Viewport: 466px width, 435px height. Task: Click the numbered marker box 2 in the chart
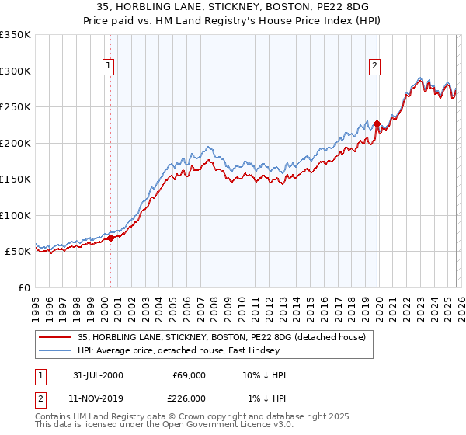374,66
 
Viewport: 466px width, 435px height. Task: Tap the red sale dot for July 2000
111,238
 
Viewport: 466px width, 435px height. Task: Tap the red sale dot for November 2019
377,124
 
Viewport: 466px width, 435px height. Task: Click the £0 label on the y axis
24,287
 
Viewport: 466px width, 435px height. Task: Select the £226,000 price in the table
188,398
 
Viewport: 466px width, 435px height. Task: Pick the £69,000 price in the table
188,376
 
